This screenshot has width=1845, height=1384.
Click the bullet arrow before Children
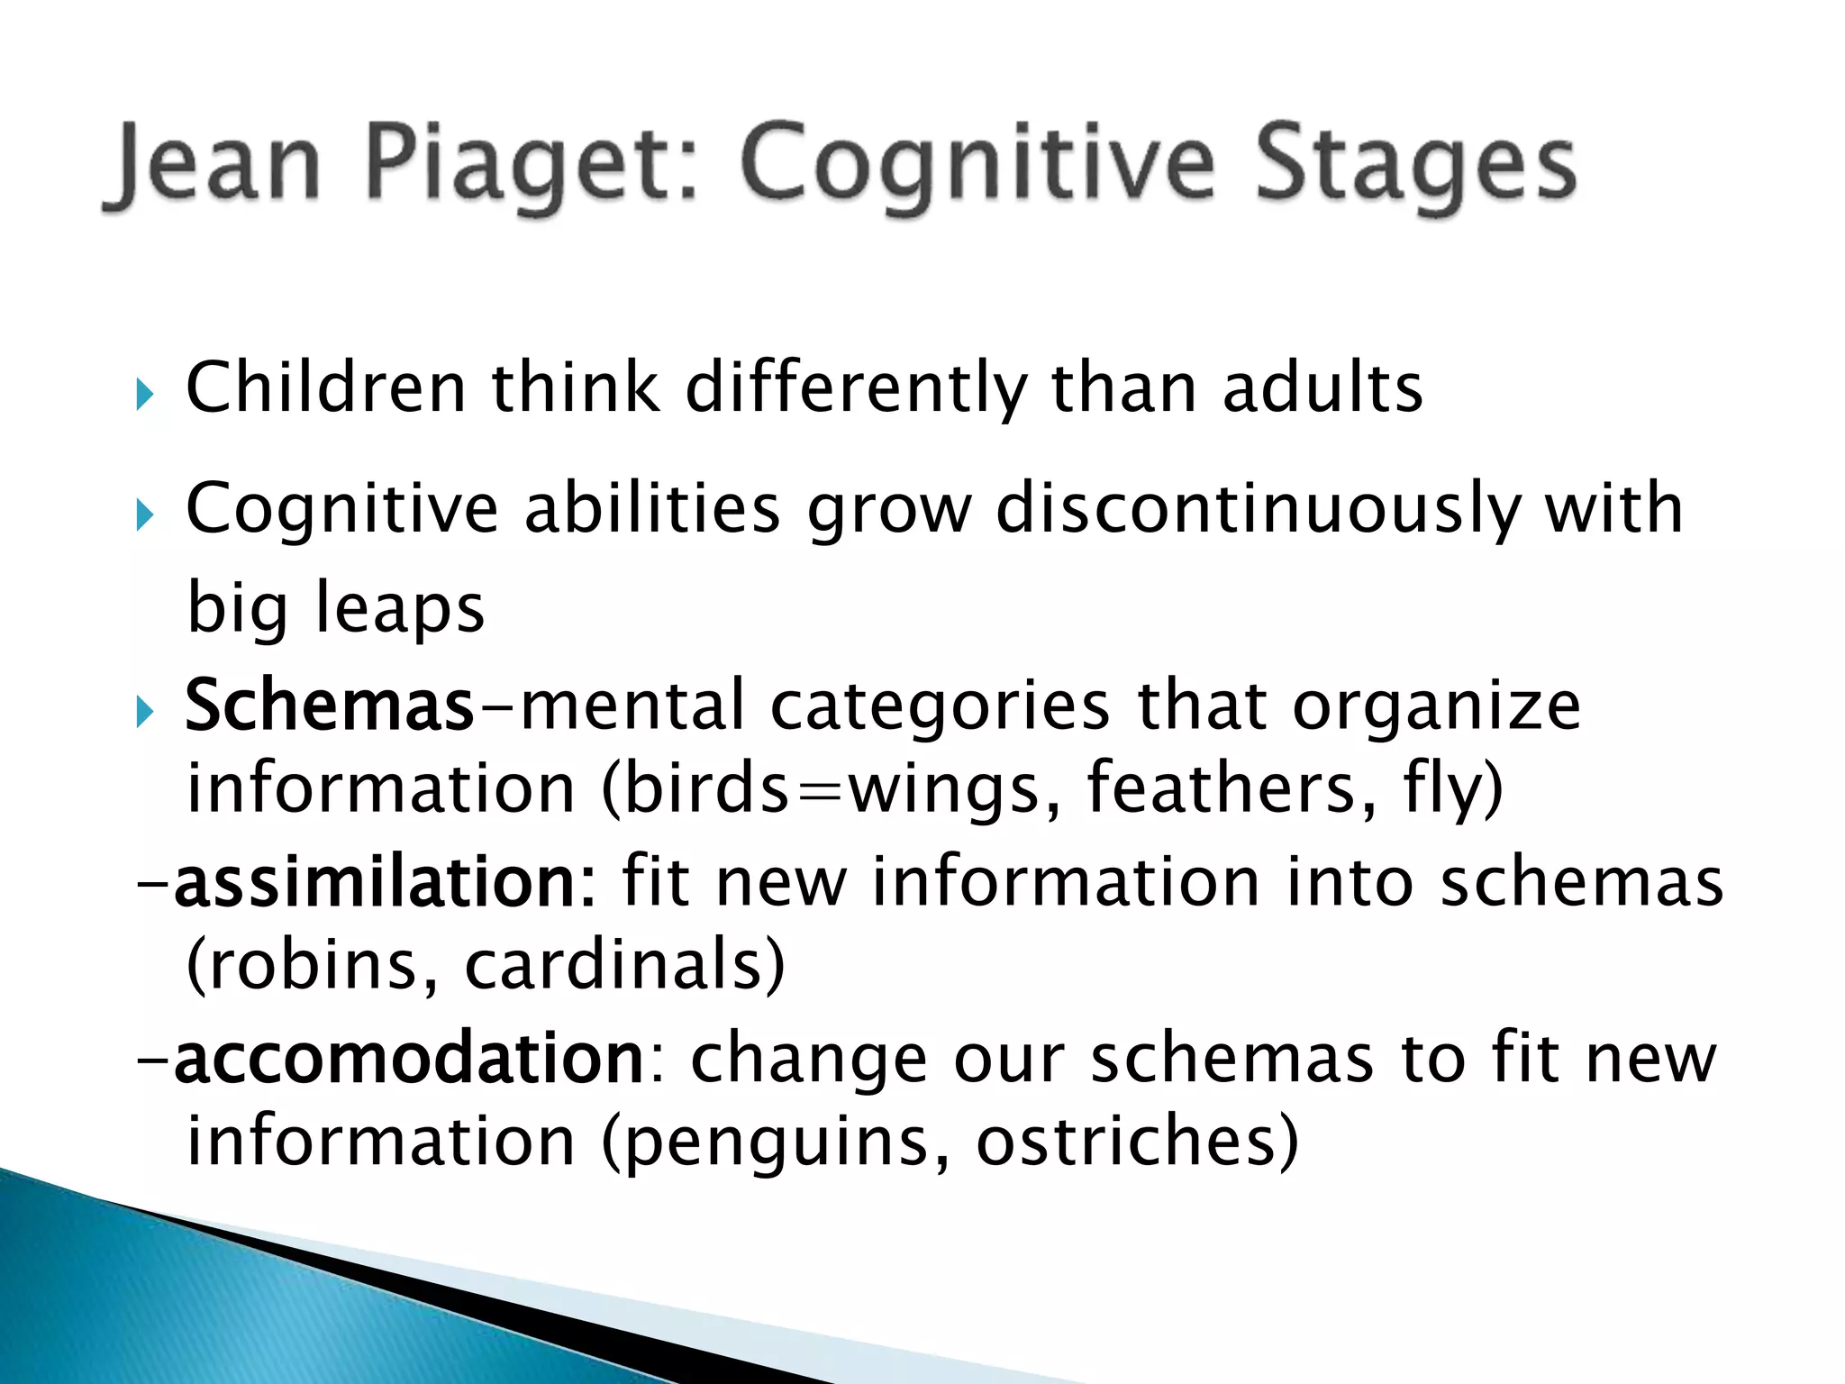click(x=145, y=394)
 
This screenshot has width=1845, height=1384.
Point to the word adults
click(x=1322, y=388)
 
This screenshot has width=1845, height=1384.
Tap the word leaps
click(x=399, y=609)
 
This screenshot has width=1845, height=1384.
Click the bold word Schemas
click(x=329, y=706)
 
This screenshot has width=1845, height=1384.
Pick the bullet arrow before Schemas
click(x=145, y=713)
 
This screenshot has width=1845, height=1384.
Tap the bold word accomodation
click(x=408, y=1059)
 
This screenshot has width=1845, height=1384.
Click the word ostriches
click(x=1137, y=1141)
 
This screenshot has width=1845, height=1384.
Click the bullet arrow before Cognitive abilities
click(x=145, y=516)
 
